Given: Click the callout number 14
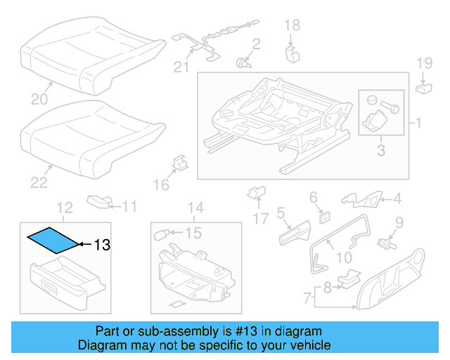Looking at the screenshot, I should (x=195, y=207).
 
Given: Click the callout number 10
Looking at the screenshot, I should (x=344, y=258).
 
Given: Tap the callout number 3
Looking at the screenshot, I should (x=380, y=150).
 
